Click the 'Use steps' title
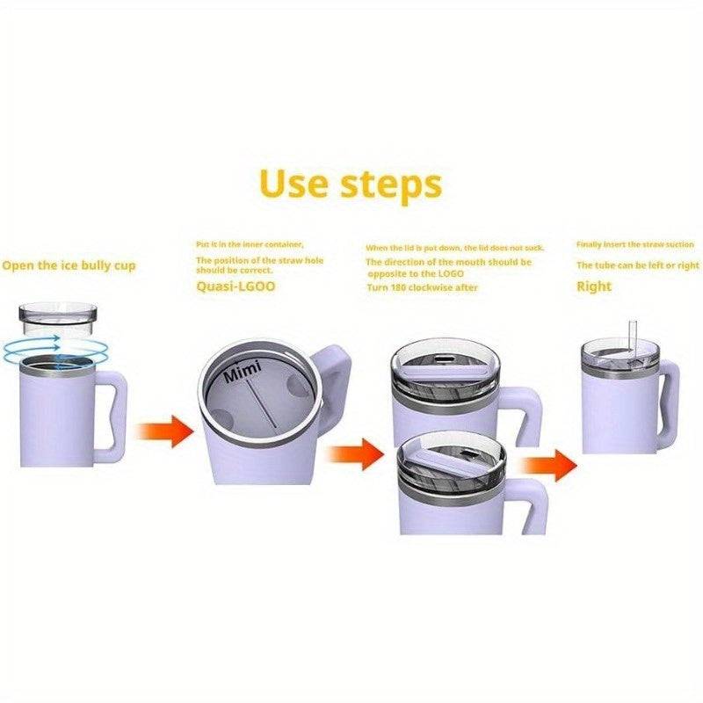(x=351, y=185)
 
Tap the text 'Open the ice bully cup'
(x=69, y=265)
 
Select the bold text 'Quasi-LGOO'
(x=236, y=286)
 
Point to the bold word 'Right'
(x=594, y=286)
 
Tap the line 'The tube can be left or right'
(x=638, y=265)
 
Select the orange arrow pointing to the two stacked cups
(x=360, y=453)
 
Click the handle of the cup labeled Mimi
(x=331, y=387)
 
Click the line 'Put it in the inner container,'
(x=250, y=243)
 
